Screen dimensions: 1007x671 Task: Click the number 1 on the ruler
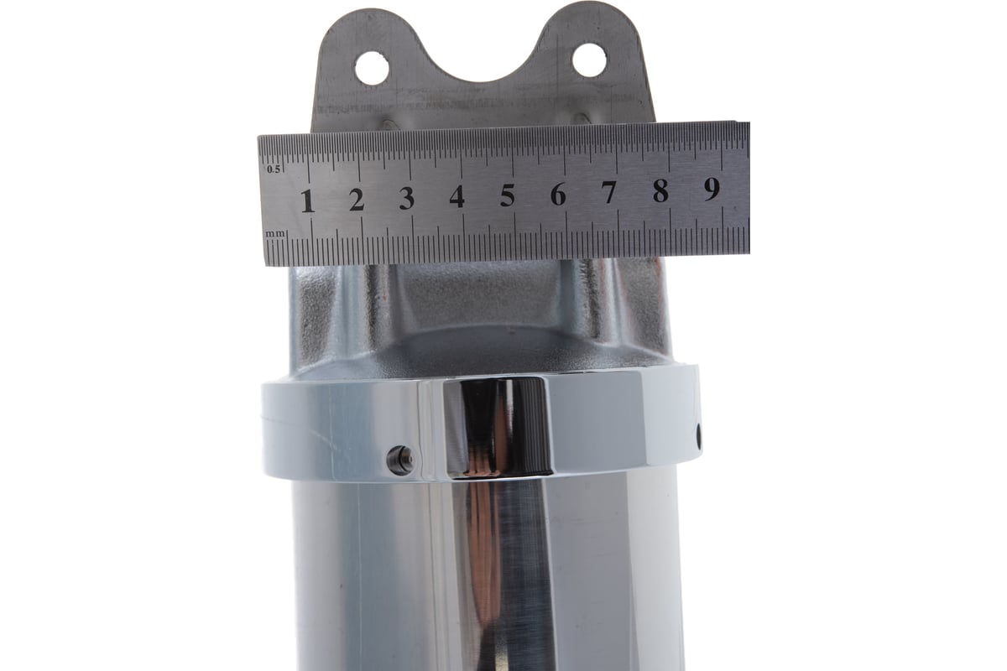click(308, 200)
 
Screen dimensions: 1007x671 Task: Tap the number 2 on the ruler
click(357, 200)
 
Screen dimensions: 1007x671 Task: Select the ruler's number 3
click(407, 198)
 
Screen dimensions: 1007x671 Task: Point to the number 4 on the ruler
click(457, 196)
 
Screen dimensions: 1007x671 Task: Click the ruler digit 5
click(508, 195)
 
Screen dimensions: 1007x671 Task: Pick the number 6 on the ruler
click(558, 194)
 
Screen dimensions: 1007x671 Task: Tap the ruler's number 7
click(609, 192)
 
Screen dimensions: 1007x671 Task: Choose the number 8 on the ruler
click(660, 190)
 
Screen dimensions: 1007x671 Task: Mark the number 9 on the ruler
click(712, 189)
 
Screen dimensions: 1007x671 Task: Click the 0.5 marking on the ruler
click(274, 169)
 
